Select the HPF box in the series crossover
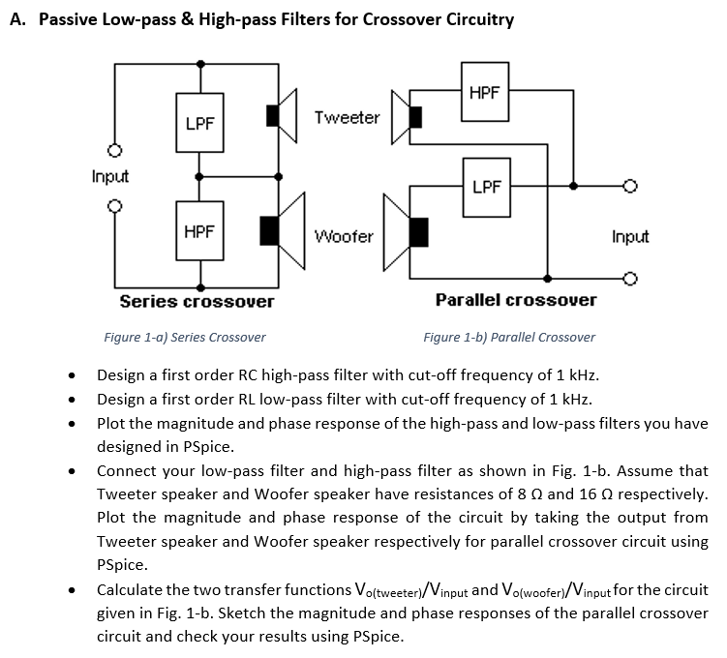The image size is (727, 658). click(199, 231)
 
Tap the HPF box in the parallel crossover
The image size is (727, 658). click(484, 93)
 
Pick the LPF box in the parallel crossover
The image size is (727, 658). click(487, 186)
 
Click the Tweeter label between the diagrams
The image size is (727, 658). click(347, 117)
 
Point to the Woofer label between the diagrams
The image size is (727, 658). click(344, 236)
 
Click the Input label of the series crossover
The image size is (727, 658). click(110, 177)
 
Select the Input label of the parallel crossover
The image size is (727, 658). click(630, 236)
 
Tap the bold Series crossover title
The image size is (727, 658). click(197, 301)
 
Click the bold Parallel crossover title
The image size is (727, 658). click(516, 300)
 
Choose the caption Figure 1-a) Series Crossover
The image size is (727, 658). click(184, 338)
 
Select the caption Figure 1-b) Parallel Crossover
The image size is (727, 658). click(509, 338)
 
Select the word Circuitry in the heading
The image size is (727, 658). click(476, 19)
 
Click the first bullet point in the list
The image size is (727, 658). click(71, 376)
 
